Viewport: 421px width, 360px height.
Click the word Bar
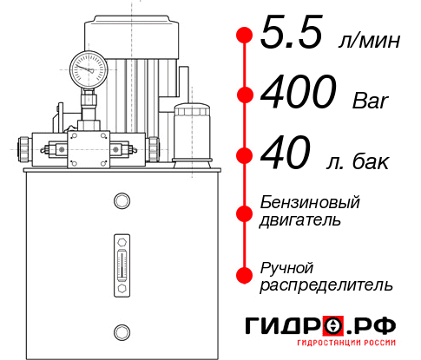[369, 100]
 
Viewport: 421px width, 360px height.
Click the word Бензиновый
[309, 202]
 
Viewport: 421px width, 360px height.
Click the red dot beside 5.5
[245, 36]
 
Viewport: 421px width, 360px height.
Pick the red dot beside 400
[245, 95]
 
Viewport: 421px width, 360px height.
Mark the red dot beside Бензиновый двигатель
[245, 213]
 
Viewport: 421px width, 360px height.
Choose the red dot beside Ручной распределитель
[245, 275]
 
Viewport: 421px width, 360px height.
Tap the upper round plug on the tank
[121, 201]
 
